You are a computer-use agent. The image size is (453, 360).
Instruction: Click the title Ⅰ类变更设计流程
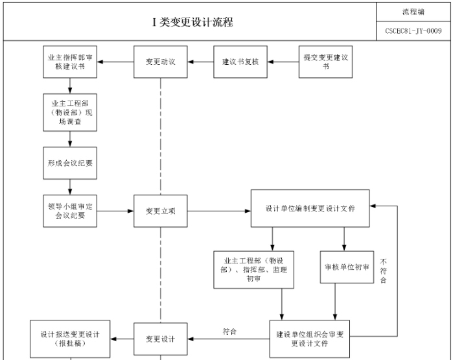[x=192, y=22]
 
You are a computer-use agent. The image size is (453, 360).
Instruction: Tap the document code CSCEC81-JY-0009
[x=413, y=30]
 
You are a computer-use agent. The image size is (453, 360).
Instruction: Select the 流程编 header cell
[x=413, y=11]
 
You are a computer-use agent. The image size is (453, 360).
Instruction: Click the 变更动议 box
[x=160, y=62]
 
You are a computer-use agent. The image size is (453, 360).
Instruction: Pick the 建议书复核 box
[x=240, y=62]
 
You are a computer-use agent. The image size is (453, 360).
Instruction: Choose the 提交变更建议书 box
[x=325, y=62]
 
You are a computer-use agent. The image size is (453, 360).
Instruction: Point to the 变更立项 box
[x=160, y=211]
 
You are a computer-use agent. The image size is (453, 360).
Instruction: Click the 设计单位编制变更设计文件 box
[x=310, y=208]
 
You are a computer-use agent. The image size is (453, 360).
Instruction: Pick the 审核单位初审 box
[x=348, y=267]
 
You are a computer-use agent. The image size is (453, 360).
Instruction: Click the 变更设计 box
[x=160, y=339]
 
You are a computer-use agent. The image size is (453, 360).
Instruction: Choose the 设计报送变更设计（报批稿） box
[x=70, y=339]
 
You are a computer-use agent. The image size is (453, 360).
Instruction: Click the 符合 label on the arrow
[x=229, y=331]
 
